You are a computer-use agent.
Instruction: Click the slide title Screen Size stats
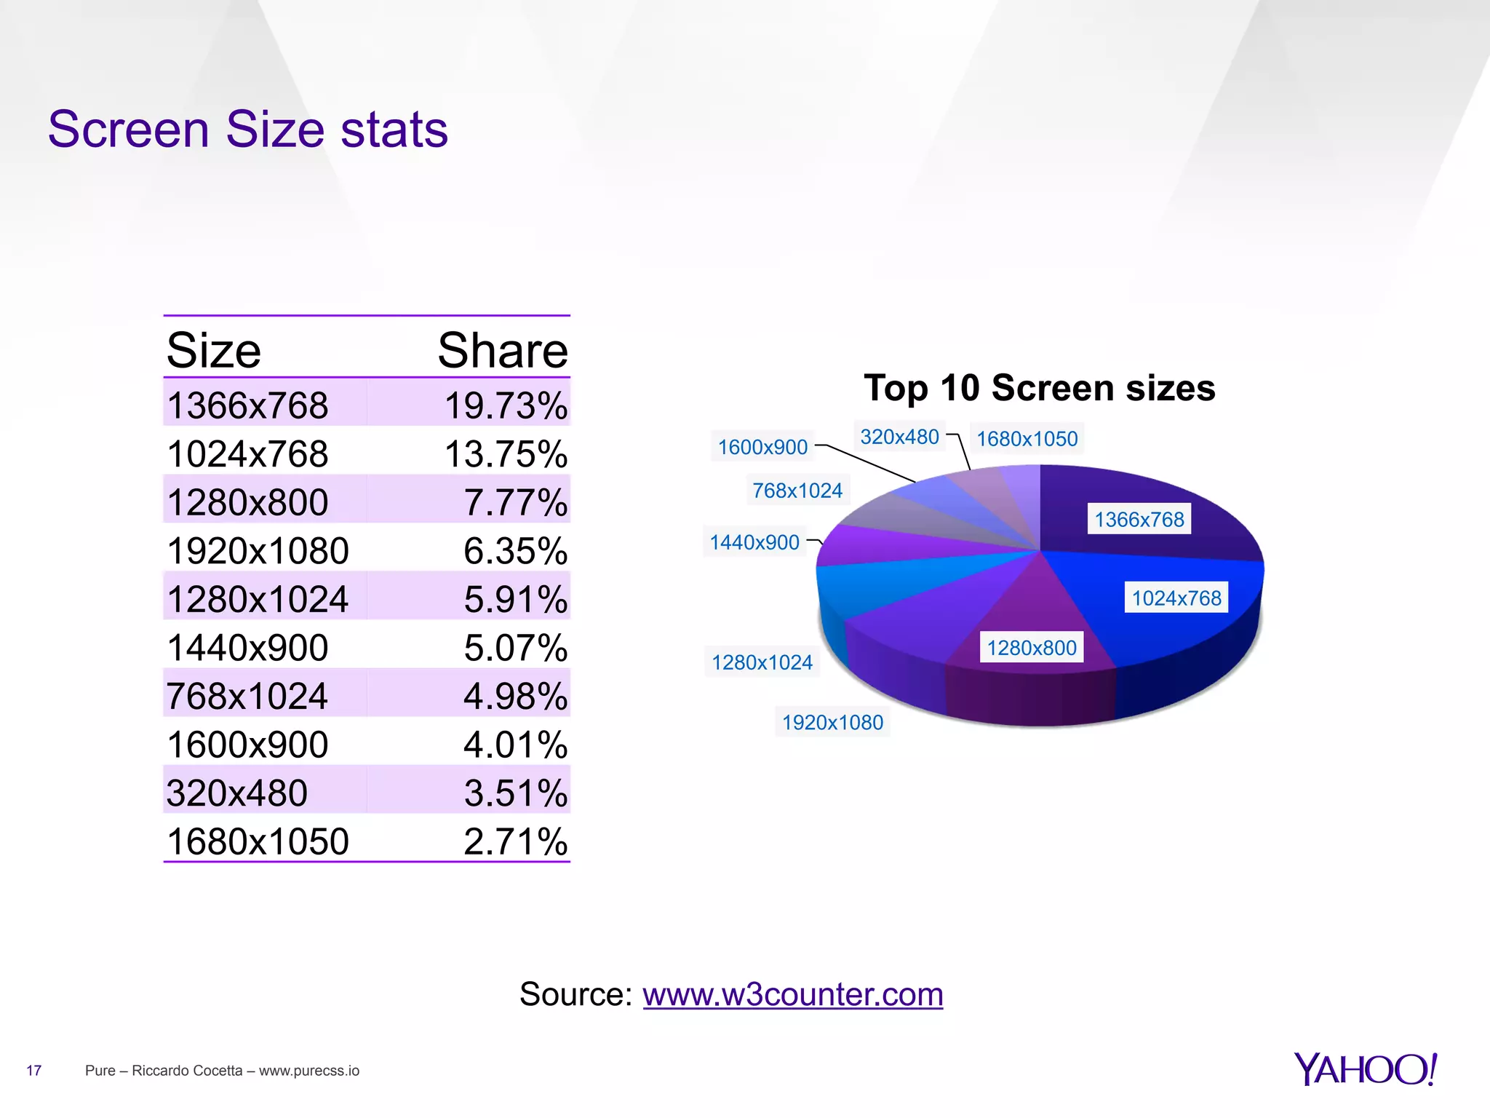[x=247, y=130]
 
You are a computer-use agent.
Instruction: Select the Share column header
[x=502, y=351]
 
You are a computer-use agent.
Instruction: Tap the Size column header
[x=213, y=351]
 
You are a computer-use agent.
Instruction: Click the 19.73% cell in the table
[x=506, y=405]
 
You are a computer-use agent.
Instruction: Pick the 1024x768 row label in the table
[x=247, y=454]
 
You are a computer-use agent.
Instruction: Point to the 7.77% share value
[x=515, y=502]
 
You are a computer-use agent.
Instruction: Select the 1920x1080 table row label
[x=258, y=551]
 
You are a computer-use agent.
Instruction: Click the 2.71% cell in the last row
[x=515, y=841]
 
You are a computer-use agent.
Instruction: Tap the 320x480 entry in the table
[x=236, y=793]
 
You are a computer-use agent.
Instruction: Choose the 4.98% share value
[x=515, y=696]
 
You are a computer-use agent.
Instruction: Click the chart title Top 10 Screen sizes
[x=1039, y=387]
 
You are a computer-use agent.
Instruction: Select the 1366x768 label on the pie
[x=1139, y=519]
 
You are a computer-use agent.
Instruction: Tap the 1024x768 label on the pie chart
[x=1176, y=598]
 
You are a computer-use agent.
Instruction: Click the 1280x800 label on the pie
[x=1032, y=647]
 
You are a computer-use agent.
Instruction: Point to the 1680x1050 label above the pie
[x=1027, y=439]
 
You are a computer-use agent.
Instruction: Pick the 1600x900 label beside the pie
[x=762, y=447]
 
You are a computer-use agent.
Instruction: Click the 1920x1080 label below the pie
[x=832, y=722]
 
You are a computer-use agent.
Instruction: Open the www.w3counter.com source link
[x=792, y=994]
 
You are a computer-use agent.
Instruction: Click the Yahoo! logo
[x=1365, y=1069]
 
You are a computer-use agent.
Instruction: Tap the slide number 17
[x=33, y=1070]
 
